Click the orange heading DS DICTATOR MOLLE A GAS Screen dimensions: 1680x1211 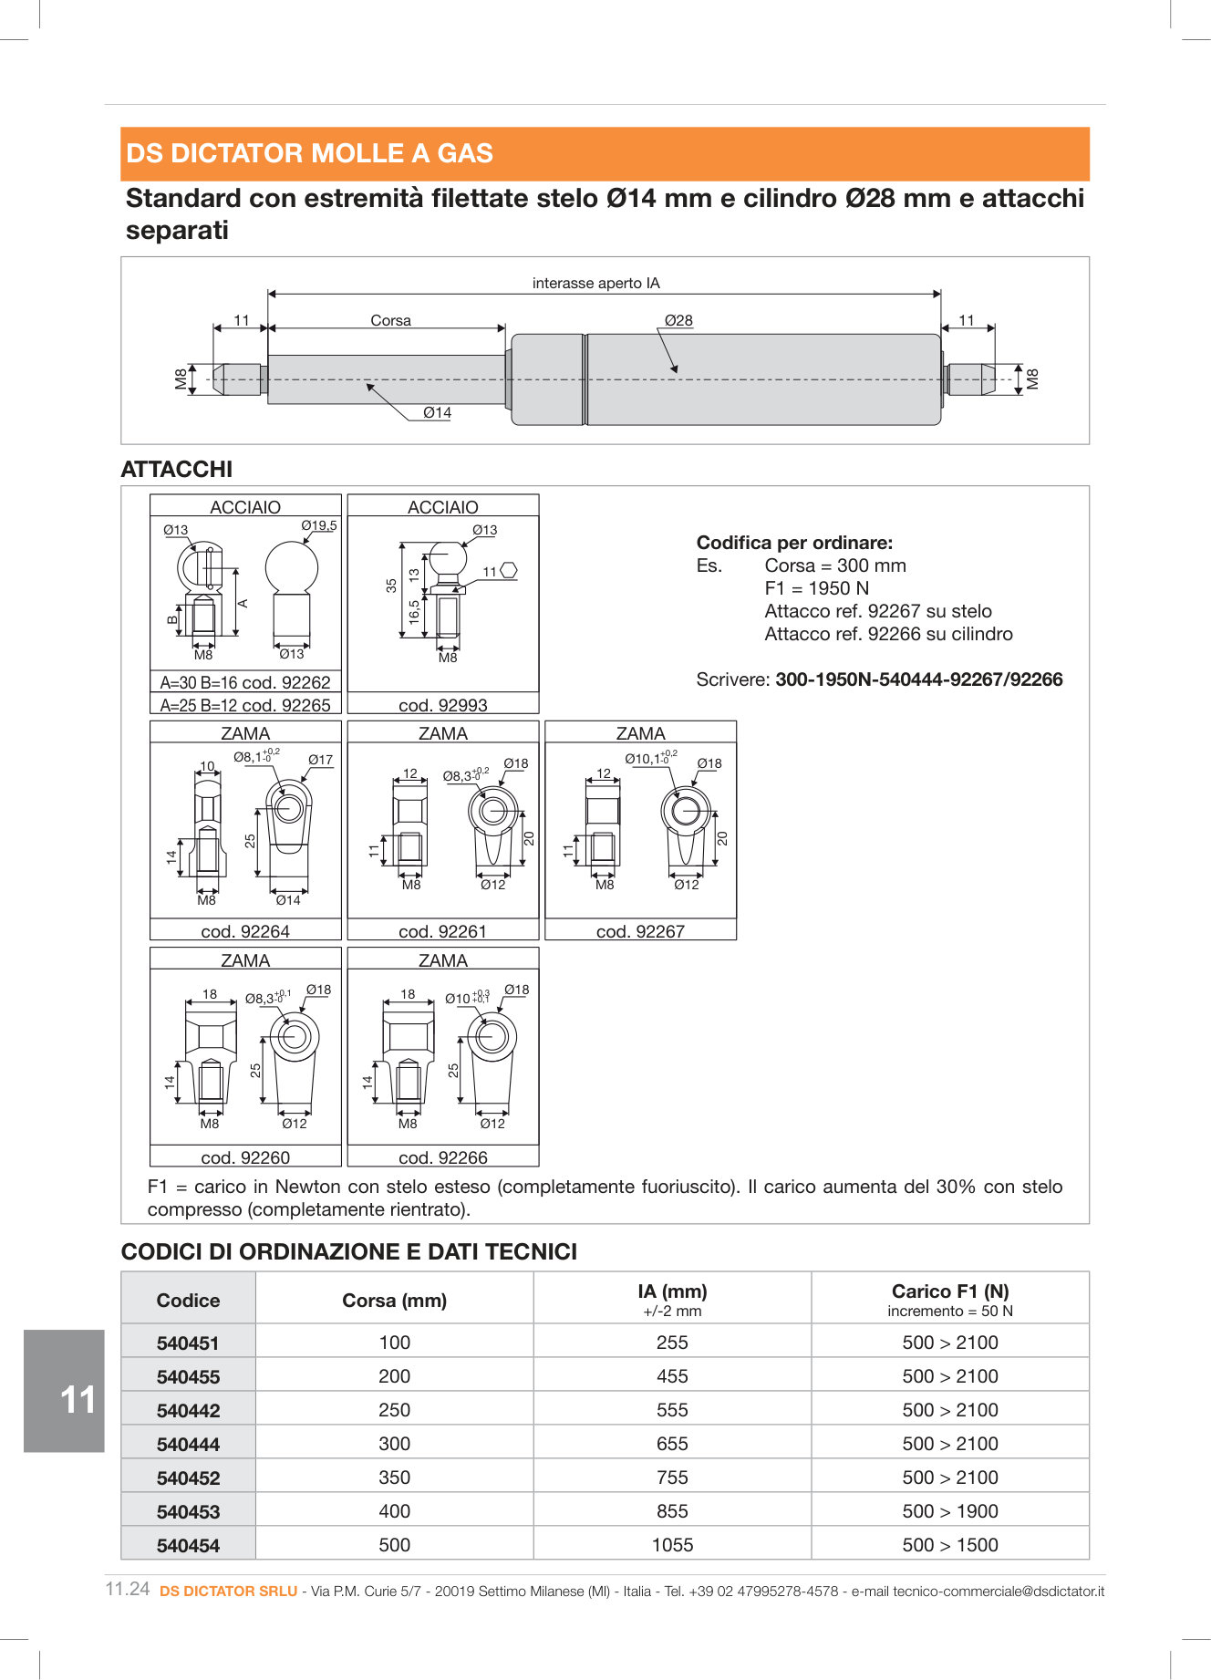point(309,153)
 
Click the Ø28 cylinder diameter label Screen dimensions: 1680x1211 point(678,320)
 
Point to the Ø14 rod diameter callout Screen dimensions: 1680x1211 point(437,412)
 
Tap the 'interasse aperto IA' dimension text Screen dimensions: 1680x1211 point(595,283)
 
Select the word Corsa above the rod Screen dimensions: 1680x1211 point(390,320)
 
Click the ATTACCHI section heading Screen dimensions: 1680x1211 point(177,469)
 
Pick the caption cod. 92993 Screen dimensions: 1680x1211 point(442,705)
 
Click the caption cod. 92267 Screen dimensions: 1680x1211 point(640,931)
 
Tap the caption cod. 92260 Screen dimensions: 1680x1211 point(245,1157)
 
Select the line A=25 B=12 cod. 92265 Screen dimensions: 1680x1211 point(245,705)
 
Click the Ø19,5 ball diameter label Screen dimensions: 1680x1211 point(318,525)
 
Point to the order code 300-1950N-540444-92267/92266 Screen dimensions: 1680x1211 point(918,679)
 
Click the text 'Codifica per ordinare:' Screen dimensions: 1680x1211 point(794,543)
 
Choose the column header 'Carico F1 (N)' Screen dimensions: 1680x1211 point(949,1291)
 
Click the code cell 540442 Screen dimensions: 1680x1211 point(188,1411)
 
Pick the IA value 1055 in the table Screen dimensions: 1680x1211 point(672,1545)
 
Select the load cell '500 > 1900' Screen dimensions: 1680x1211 point(949,1511)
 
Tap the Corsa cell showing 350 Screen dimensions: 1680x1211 point(394,1478)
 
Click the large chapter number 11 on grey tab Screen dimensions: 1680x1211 point(77,1400)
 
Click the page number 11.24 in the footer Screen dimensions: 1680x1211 point(128,1589)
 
